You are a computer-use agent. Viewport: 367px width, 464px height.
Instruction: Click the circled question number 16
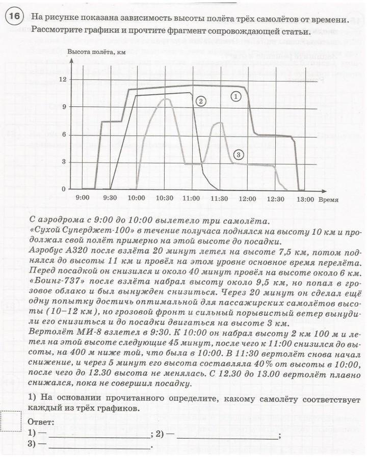click(x=14, y=17)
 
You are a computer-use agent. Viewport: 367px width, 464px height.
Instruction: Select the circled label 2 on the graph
click(x=201, y=101)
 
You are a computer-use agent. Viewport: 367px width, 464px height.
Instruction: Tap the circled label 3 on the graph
click(x=239, y=154)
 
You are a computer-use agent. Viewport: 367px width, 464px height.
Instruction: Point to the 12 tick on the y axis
click(x=63, y=79)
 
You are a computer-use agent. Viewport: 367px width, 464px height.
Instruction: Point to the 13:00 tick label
click(x=305, y=200)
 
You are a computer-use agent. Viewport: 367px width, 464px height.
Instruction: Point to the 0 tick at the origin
click(x=63, y=189)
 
